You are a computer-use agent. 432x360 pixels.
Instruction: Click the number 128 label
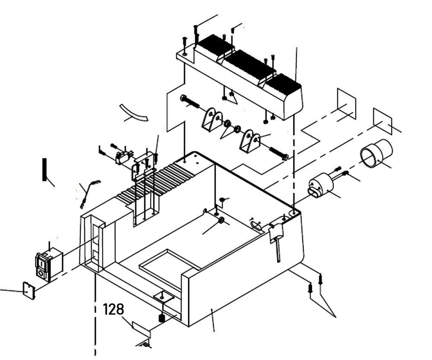113,309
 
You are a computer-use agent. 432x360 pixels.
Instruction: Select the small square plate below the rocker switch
29,291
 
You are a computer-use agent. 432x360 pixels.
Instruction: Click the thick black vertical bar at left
44,170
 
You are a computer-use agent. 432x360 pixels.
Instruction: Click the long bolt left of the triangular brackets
190,102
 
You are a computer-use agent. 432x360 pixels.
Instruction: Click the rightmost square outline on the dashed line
382,120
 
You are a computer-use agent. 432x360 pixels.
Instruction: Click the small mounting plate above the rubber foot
163,297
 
